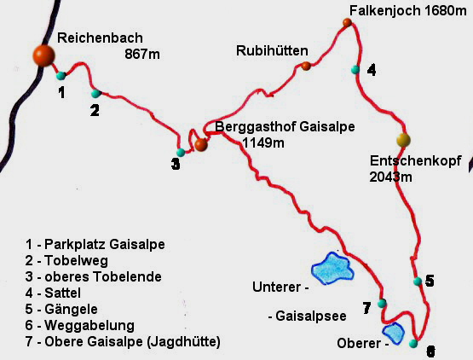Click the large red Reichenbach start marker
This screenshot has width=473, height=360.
click(x=43, y=55)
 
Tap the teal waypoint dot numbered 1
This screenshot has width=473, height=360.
click(x=61, y=76)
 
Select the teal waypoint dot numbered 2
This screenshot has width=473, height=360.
click(x=95, y=93)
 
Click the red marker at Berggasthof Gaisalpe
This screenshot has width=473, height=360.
click(x=201, y=145)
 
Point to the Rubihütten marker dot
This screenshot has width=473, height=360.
click(x=306, y=66)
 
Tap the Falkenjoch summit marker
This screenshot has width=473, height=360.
click(x=347, y=22)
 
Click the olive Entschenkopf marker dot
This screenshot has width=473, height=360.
click(x=403, y=139)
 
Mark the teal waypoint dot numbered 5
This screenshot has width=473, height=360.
click(x=417, y=282)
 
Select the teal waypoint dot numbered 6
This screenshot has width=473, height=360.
click(x=413, y=344)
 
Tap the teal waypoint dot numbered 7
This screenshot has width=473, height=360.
click(x=382, y=303)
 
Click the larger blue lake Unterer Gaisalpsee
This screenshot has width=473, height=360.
click(x=332, y=268)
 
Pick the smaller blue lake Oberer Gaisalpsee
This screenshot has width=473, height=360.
click(x=393, y=330)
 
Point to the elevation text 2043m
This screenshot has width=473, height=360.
click(x=391, y=177)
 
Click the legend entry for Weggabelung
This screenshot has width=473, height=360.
click(x=82, y=325)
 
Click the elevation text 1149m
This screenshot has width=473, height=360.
click(x=262, y=142)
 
